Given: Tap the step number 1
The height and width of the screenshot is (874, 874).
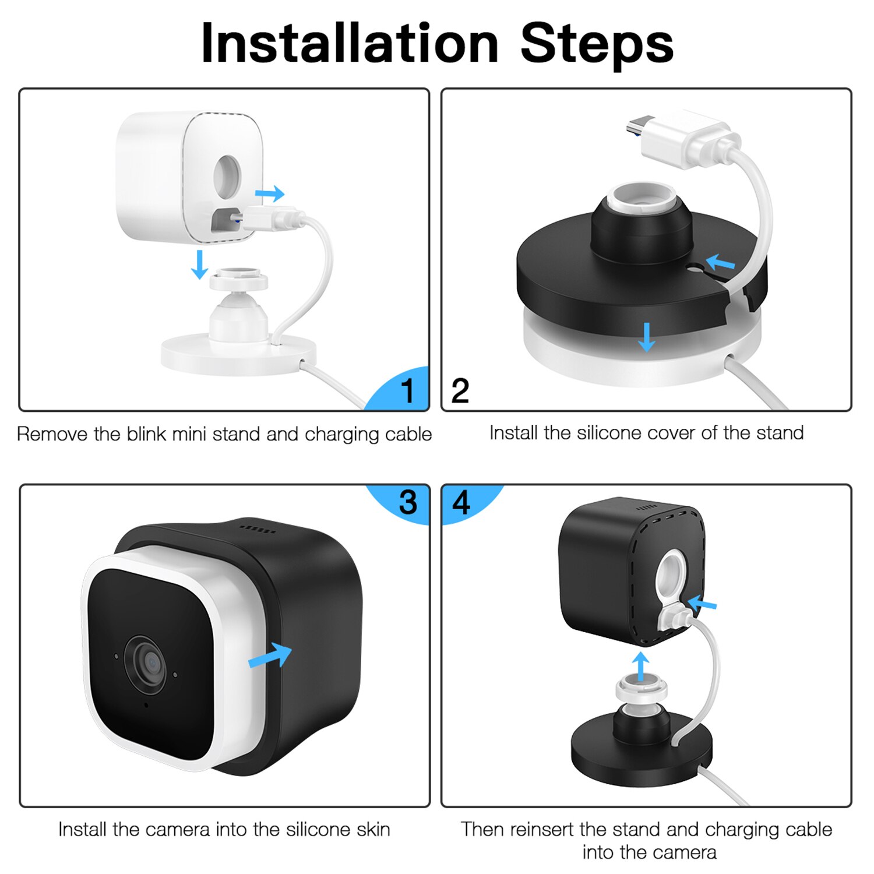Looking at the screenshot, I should (408, 390).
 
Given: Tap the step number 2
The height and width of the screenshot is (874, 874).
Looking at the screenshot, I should (460, 390).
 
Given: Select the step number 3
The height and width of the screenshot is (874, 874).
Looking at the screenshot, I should (408, 502).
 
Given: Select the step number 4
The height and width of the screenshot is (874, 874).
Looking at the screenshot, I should (461, 502).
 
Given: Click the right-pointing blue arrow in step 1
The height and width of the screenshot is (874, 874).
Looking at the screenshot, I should (270, 193).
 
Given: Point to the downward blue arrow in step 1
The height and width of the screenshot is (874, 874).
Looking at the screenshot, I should (200, 265).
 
